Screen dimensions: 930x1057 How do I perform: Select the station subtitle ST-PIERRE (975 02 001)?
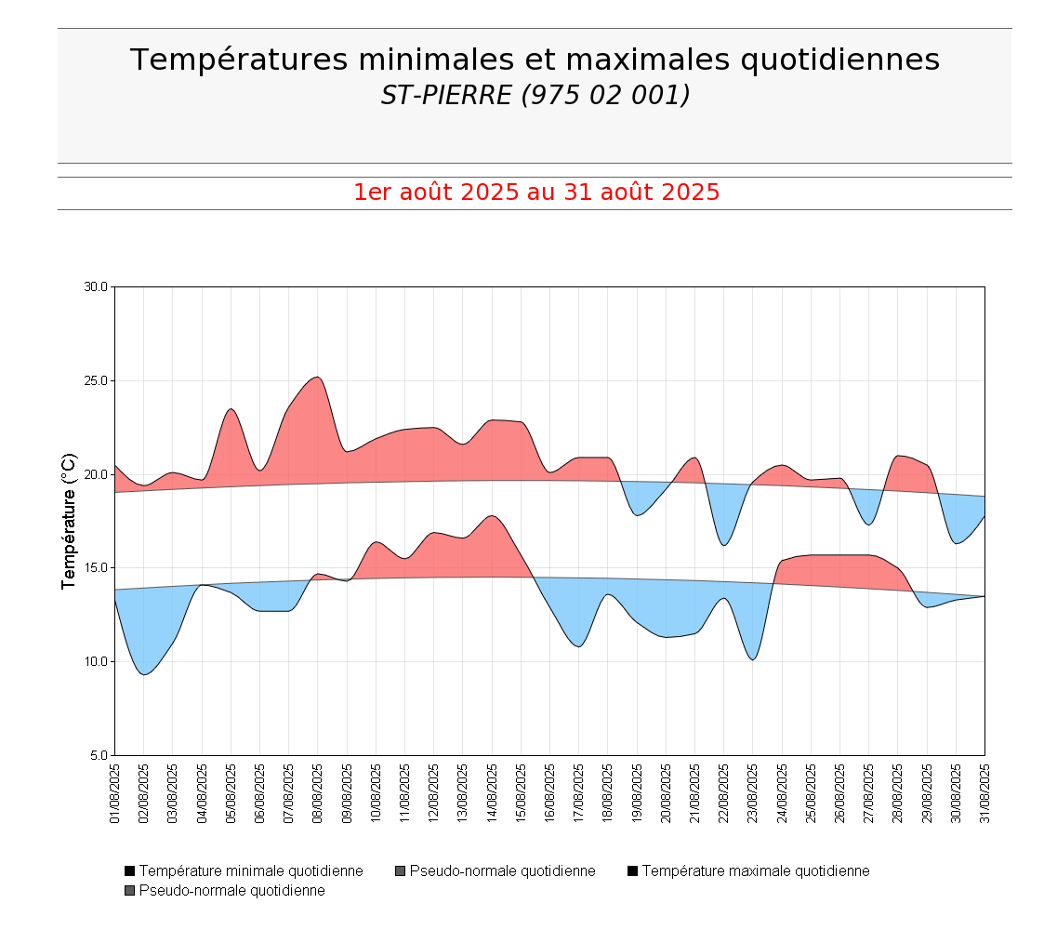[535, 95]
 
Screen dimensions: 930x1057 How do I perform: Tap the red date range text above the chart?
[535, 193]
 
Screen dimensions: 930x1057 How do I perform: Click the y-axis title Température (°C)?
[68, 521]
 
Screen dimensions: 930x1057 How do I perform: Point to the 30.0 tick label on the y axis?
[97, 287]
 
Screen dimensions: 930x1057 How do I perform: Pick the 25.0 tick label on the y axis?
[97, 381]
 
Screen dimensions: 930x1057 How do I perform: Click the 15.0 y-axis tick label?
[97, 568]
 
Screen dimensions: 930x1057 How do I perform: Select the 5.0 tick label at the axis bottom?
[99, 756]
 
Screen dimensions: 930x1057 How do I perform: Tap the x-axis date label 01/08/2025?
[115, 793]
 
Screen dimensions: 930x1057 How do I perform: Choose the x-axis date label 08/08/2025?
[318, 793]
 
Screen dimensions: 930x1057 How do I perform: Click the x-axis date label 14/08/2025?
[492, 793]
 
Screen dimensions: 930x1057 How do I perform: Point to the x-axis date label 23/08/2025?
[753, 793]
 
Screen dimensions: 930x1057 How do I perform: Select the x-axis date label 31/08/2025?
[984, 793]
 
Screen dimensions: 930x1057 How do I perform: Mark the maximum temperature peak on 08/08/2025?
[318, 377]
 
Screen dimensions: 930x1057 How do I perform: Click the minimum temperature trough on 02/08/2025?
[143, 674]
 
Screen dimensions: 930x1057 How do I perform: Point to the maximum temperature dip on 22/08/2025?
[724, 545]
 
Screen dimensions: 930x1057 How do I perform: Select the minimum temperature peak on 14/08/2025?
[492, 515]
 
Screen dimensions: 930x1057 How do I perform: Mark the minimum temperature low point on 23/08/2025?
[753, 659]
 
